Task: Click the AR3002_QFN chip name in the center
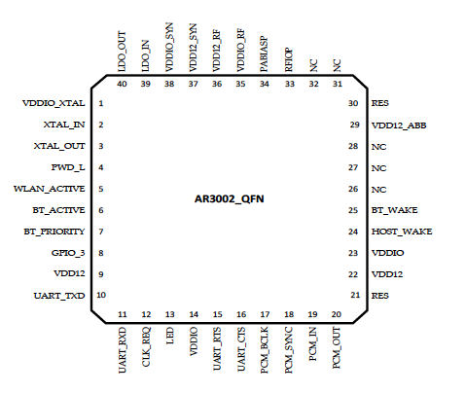tap(229, 198)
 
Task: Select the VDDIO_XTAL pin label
tap(54, 103)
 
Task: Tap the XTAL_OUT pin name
tap(59, 146)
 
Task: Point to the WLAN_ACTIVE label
tap(50, 189)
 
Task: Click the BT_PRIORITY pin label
tap(54, 232)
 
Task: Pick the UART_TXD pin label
tap(59, 296)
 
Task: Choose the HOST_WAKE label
tap(402, 232)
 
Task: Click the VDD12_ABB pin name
tap(399, 125)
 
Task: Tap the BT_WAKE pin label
tap(395, 210)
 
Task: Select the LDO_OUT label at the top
tap(122, 52)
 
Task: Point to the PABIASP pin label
tap(264, 54)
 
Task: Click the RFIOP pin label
tap(289, 60)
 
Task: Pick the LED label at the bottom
tap(170, 336)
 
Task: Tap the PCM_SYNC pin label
tap(289, 350)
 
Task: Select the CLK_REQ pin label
tap(146, 347)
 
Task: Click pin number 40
tap(122, 84)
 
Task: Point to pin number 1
tap(101, 103)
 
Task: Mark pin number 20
tap(337, 314)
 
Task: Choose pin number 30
tap(353, 103)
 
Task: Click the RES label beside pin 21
tap(380, 296)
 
